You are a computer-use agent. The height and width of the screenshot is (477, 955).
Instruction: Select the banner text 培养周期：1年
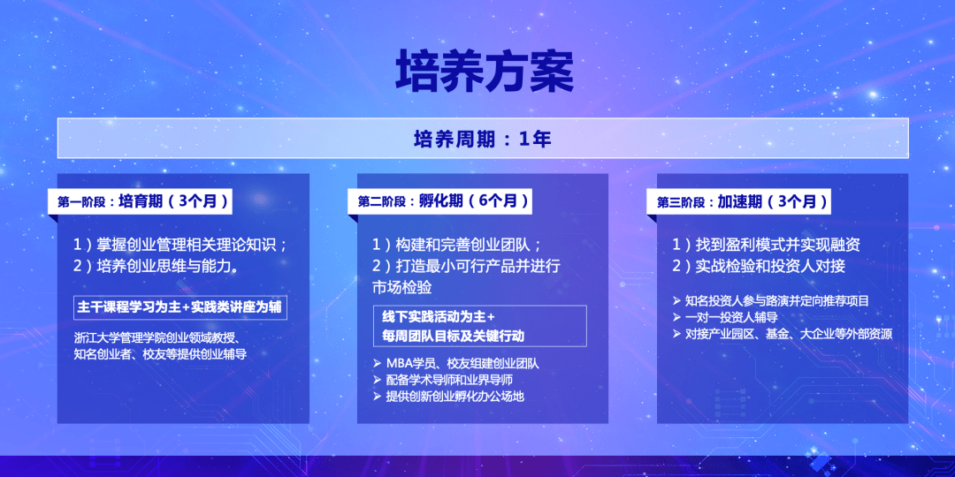483,139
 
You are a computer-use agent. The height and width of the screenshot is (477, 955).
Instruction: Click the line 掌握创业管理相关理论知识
180,246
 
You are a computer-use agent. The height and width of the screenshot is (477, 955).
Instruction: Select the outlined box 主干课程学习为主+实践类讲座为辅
180,308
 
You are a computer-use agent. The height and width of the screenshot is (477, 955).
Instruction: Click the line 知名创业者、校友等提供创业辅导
159,354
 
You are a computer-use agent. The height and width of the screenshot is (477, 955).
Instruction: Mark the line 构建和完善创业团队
457,246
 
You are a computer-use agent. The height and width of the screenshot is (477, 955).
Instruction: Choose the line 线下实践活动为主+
439,317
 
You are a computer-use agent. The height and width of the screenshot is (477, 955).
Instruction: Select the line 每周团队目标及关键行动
453,336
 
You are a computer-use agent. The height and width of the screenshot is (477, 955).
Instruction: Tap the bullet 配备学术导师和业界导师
442,380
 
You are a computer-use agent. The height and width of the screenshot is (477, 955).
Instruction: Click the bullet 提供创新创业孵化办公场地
449,397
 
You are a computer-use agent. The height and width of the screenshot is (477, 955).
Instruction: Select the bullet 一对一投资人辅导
725,317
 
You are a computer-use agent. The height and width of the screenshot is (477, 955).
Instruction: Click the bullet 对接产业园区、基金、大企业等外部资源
783,333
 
